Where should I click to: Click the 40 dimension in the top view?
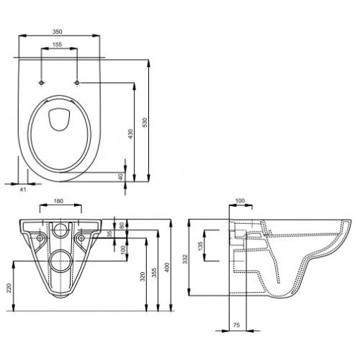(122, 176)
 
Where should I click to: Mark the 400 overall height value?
(167, 268)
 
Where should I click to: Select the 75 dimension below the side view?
(236, 324)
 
